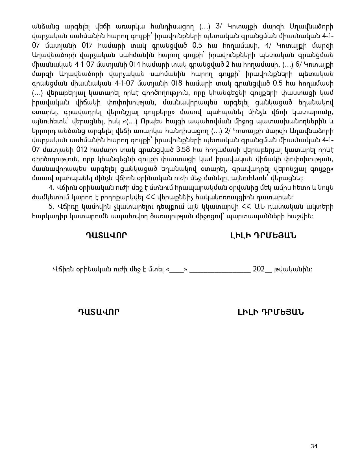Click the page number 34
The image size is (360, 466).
click(x=314, y=446)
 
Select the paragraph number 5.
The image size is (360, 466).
click(x=51, y=207)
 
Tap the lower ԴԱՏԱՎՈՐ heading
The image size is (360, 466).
click(x=99, y=312)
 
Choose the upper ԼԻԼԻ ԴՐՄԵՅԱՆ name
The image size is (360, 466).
click(x=263, y=236)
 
